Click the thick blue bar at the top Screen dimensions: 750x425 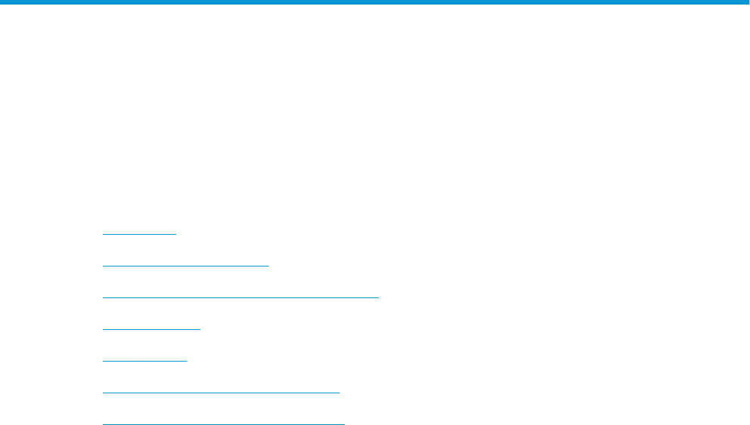click(x=375, y=2)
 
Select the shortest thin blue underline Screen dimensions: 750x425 click(x=139, y=234)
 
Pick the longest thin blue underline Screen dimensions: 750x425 click(x=240, y=297)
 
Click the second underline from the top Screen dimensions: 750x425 click(x=186, y=266)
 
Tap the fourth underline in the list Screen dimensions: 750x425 click(x=151, y=329)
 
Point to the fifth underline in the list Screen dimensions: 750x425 click(x=144, y=361)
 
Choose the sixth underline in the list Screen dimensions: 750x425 click(x=221, y=393)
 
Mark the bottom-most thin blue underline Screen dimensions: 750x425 click(x=223, y=424)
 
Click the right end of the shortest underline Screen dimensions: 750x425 click(x=175, y=234)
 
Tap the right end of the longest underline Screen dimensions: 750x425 click(x=378, y=297)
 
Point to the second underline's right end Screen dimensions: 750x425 click(x=268, y=266)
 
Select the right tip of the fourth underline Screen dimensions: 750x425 click(x=200, y=329)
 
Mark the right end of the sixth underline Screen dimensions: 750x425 click(x=339, y=393)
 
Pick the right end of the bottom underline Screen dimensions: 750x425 click(x=344, y=424)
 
